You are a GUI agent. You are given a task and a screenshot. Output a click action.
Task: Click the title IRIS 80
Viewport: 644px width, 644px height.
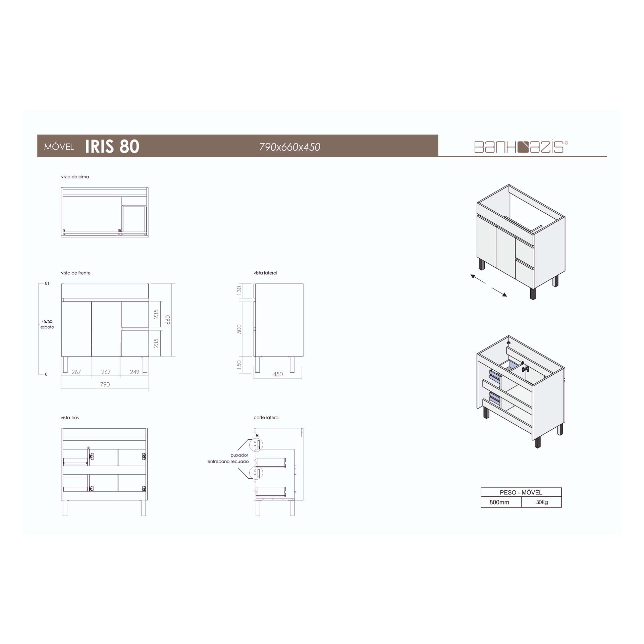point(112,146)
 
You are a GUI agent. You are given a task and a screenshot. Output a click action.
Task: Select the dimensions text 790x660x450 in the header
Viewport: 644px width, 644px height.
point(290,147)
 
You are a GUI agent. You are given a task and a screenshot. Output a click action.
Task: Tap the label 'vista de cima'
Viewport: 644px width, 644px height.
point(75,177)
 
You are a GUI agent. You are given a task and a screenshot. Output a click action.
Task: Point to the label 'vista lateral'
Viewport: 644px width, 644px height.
point(265,273)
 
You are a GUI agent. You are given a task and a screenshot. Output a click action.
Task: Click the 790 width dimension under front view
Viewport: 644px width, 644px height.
point(105,384)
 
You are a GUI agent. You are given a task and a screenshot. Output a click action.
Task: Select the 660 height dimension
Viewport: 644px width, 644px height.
point(168,320)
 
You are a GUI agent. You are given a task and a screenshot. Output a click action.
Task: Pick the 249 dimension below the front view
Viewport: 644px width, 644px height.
point(135,372)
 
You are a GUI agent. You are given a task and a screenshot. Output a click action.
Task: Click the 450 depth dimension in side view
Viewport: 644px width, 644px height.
point(278,374)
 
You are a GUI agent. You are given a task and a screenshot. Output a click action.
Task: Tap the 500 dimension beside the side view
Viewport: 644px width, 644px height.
point(239,329)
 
